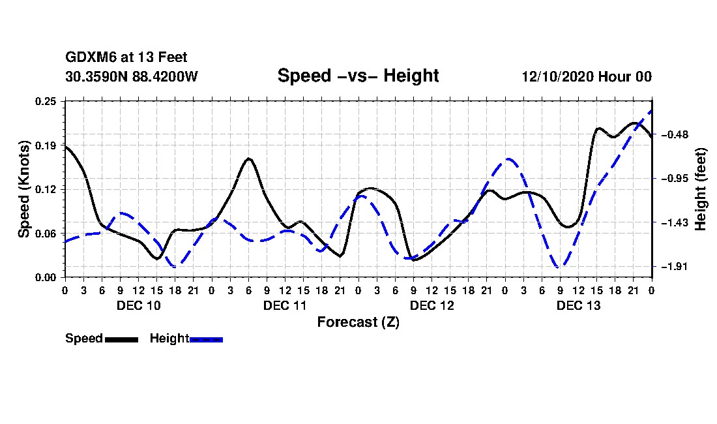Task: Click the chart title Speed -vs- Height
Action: point(358,76)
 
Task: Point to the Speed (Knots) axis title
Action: point(24,189)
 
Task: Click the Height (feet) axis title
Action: point(701,189)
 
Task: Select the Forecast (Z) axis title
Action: point(358,322)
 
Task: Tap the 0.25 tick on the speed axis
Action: point(46,100)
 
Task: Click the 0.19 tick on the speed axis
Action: point(46,145)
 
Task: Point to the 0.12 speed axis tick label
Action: point(46,189)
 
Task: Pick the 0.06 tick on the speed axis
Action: point(46,234)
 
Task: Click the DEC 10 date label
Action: point(138,305)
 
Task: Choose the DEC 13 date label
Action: point(578,305)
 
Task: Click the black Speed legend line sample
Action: point(121,339)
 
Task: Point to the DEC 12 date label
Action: point(432,305)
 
